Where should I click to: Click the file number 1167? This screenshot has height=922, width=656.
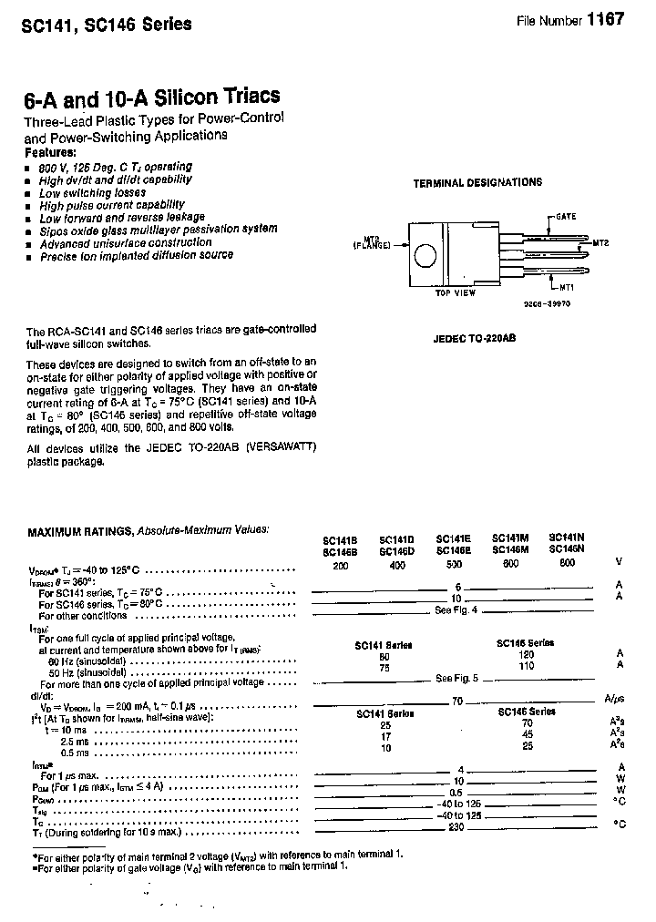(x=605, y=20)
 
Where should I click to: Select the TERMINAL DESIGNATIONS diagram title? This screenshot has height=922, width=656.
(x=477, y=182)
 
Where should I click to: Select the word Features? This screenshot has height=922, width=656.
(x=50, y=152)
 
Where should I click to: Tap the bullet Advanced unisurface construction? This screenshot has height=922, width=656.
(x=126, y=243)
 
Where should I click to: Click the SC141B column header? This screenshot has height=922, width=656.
(x=339, y=539)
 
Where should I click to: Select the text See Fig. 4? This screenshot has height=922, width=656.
(x=456, y=610)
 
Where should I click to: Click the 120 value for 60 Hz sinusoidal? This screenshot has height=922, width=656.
(x=525, y=654)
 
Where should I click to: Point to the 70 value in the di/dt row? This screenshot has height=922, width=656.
(x=457, y=701)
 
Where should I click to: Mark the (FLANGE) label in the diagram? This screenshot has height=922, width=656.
(x=372, y=246)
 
